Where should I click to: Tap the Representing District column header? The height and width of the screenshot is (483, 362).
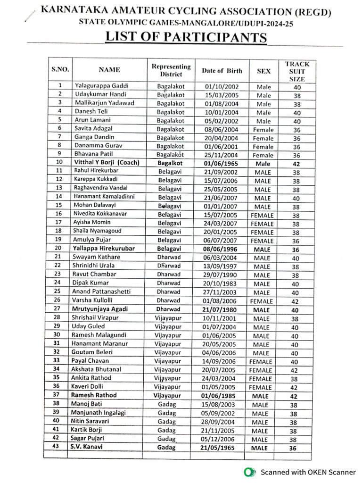(171, 70)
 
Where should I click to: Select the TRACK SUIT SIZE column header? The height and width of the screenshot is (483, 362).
(297, 71)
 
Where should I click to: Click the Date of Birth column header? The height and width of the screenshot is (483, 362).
(222, 71)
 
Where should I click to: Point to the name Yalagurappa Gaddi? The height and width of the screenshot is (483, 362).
(101, 86)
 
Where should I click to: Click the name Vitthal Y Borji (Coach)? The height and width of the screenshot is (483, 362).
(107, 163)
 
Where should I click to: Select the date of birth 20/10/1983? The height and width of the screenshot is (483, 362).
(222, 283)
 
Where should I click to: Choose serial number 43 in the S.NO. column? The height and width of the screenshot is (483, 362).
(56, 446)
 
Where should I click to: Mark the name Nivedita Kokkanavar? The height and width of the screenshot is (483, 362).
(101, 214)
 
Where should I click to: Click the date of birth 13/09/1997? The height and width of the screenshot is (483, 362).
(222, 266)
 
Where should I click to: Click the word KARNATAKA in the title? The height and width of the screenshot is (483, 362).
(80, 10)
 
